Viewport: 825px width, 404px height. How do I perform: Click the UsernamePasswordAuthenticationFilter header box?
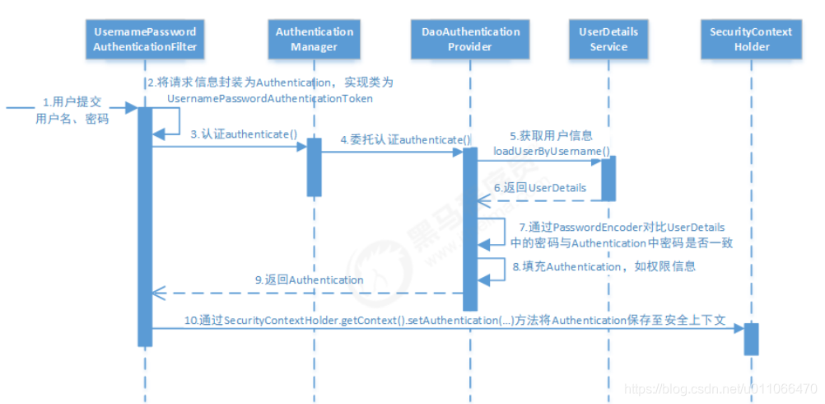coord(145,39)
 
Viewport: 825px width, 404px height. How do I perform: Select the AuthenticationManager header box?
coord(314,39)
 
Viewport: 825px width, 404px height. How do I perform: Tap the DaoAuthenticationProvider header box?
coord(471,39)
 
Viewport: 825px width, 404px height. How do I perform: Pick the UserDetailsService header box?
coord(608,39)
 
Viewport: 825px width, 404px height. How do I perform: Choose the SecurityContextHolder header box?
coord(751,39)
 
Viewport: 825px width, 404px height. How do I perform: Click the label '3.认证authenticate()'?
coord(231,134)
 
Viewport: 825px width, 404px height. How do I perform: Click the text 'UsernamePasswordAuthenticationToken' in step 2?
coord(269,99)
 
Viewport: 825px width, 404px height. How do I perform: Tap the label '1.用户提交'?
coord(73,103)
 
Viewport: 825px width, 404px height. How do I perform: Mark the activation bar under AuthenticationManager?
coord(314,167)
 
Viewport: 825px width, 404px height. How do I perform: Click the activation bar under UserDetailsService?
coord(608,178)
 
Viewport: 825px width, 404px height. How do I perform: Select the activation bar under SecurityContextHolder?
coord(751,338)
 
